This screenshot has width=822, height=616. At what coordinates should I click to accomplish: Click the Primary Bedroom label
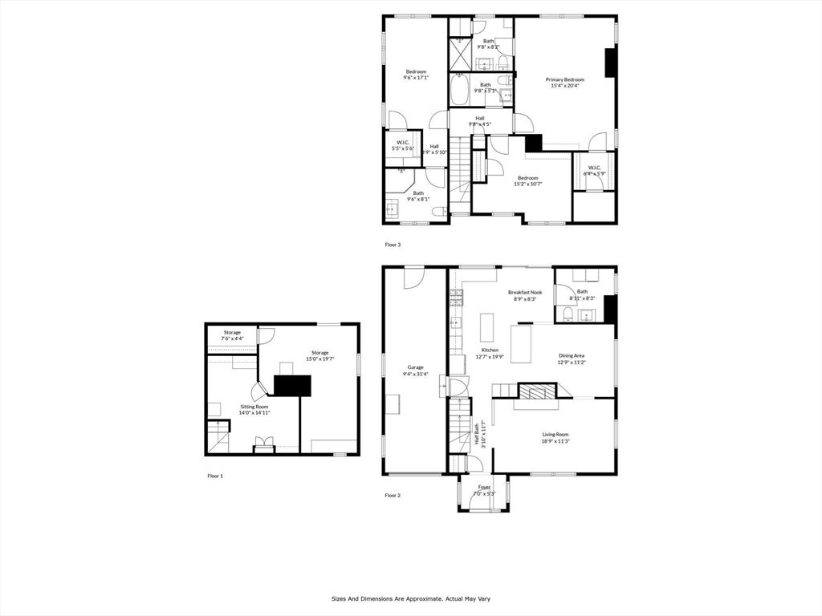coord(564,79)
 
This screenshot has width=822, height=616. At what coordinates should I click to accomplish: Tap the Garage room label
coord(415,367)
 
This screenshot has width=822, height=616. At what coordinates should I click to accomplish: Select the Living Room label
coord(555,435)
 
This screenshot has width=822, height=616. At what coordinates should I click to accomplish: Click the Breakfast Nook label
coord(525,292)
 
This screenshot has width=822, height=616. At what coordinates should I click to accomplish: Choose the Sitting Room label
coord(254,407)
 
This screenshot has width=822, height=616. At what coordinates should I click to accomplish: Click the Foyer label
coord(484,487)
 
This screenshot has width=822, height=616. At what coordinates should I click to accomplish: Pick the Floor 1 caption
coord(215,476)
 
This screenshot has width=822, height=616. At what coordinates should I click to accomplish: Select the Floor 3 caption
coord(393,244)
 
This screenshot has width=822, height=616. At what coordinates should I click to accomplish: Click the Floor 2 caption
coord(393,496)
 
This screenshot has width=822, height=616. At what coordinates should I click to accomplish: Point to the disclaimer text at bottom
coord(410,598)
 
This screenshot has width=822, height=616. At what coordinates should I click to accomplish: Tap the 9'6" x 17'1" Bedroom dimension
coord(416,78)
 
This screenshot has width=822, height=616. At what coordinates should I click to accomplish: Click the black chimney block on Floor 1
coord(292,385)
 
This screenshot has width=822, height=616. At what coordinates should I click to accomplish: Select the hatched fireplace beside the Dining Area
coord(535,391)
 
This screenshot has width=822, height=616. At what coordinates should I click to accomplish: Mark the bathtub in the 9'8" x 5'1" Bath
coord(460,90)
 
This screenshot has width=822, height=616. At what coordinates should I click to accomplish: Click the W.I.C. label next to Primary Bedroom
coord(594,168)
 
